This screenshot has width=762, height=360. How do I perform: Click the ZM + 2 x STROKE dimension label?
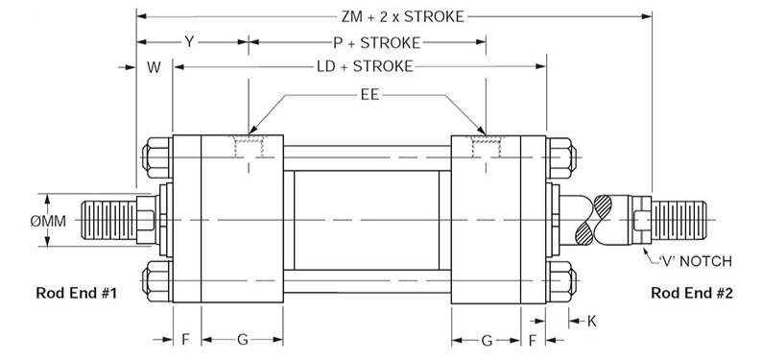coord(402,16)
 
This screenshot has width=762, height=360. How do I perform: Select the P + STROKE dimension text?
coord(376,43)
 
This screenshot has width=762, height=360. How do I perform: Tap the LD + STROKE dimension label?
coord(365,66)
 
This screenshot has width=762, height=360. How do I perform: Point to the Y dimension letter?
coord(189,42)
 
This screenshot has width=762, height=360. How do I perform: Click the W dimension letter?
coord(155,67)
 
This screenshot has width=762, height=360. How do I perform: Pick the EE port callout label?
coord(369,94)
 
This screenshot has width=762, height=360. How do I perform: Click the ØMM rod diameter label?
coord(48,222)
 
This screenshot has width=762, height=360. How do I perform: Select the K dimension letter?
coord(591,322)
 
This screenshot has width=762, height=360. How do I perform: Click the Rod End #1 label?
coord(77,294)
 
